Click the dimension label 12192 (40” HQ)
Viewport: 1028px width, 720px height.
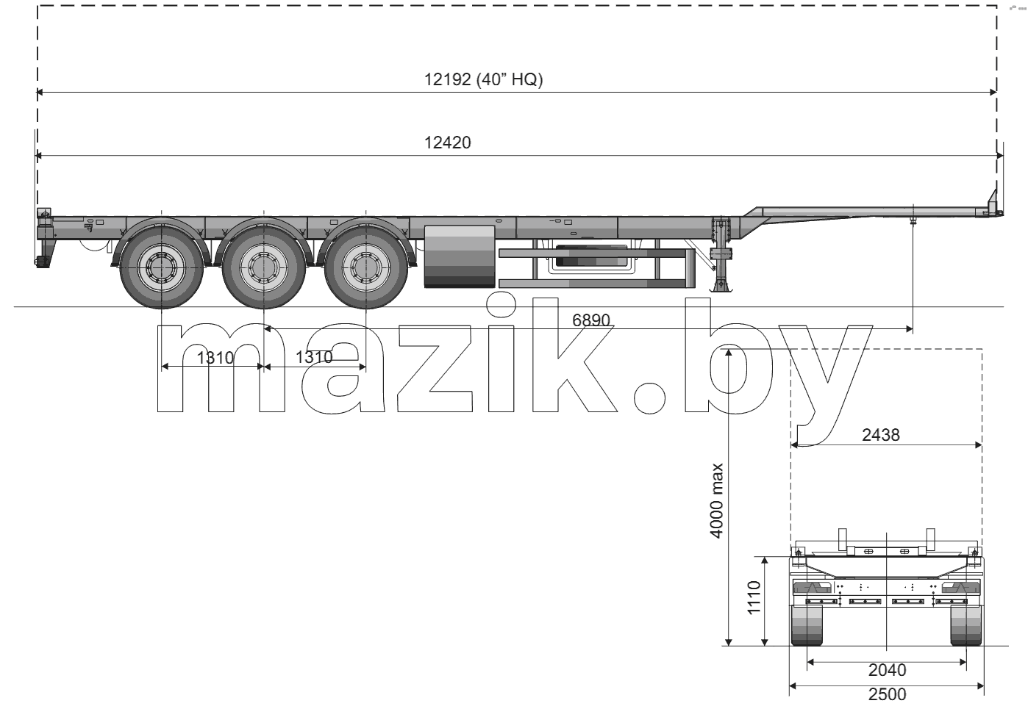pyautogui.click(x=483, y=79)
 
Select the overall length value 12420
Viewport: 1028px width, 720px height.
pyautogui.click(x=448, y=143)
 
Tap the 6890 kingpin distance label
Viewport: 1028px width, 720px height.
pyautogui.click(x=591, y=320)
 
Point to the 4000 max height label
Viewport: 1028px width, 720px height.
pyautogui.click(x=716, y=501)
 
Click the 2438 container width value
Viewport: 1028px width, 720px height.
pyautogui.click(x=881, y=435)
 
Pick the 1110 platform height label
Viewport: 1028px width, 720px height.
pyautogui.click(x=754, y=597)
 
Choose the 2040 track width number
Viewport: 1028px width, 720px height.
pyautogui.click(x=887, y=670)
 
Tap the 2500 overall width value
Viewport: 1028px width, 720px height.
pyautogui.click(x=887, y=694)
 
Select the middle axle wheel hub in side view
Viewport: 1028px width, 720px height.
pyautogui.click(x=264, y=267)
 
